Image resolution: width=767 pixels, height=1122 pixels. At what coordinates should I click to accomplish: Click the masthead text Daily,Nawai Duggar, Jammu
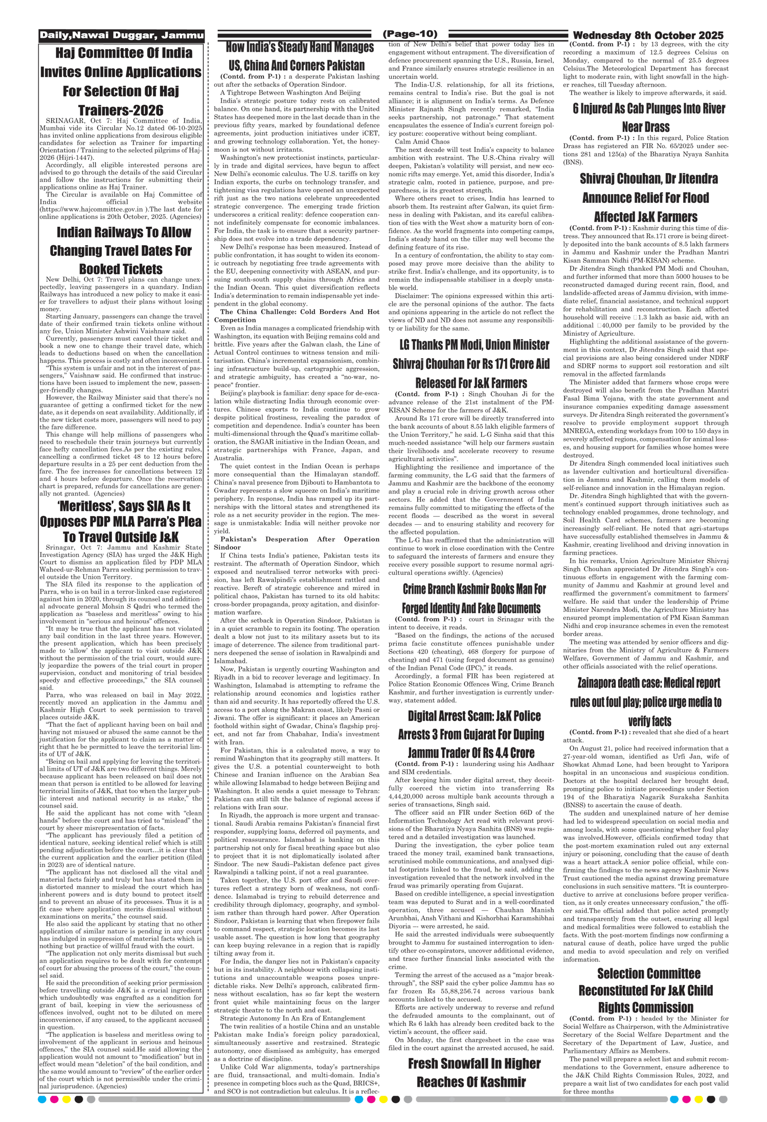(122, 36)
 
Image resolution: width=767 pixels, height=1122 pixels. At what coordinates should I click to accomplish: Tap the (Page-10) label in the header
(410, 34)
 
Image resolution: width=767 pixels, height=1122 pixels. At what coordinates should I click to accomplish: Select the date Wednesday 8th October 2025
(648, 35)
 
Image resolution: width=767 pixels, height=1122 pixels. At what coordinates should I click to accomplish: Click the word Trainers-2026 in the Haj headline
(121, 110)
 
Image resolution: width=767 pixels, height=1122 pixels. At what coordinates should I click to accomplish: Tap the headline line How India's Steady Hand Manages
(300, 48)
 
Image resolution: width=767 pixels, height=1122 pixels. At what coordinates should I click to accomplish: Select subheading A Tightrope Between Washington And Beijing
(290, 92)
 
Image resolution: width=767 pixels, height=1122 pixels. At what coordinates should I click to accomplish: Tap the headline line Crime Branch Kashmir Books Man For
(474, 589)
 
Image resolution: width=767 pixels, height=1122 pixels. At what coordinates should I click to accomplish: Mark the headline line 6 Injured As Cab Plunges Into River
(649, 109)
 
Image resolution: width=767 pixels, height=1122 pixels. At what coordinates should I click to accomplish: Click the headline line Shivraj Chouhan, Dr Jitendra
(648, 179)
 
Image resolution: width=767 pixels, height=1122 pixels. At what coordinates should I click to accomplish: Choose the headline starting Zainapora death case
(648, 683)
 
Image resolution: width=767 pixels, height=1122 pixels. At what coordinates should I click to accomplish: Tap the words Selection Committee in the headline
(648, 974)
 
